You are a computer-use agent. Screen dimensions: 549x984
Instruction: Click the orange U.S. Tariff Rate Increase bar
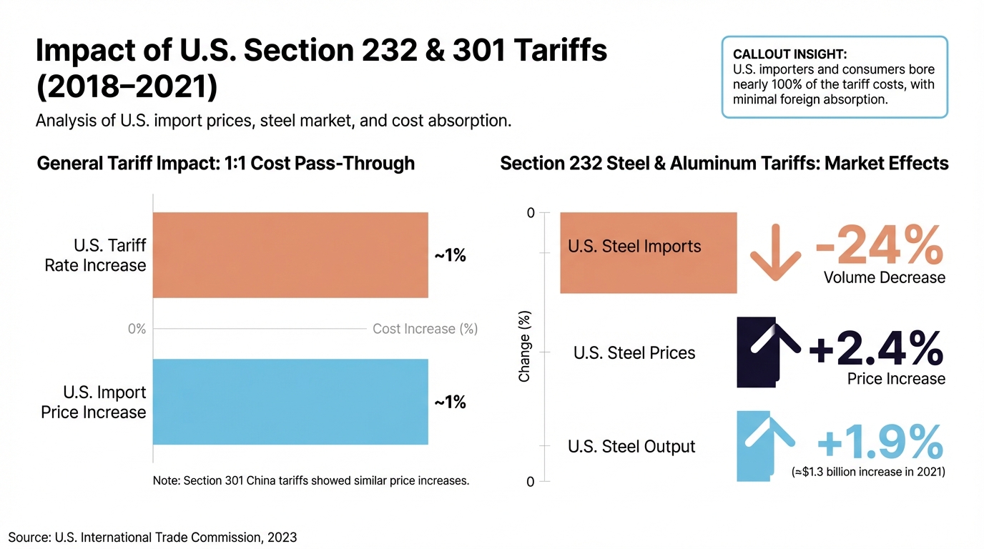pos(290,255)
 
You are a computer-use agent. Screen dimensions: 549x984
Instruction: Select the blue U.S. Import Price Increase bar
pos(290,402)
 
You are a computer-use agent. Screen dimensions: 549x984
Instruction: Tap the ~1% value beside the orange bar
pos(451,255)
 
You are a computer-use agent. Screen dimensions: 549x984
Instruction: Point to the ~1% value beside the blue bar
pos(451,402)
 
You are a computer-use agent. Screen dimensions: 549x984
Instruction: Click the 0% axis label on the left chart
pos(137,329)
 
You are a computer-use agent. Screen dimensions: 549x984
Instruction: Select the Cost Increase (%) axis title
pos(425,329)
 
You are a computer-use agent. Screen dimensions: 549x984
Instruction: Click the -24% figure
pos(879,245)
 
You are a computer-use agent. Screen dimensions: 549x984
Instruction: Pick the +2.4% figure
pos(875,350)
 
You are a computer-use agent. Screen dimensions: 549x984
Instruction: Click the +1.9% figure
pos(880,443)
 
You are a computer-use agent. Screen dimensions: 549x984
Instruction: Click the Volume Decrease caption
pos(884,277)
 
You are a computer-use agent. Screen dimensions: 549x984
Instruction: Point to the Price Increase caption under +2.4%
pos(896,379)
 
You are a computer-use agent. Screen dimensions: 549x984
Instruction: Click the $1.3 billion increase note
pos(868,472)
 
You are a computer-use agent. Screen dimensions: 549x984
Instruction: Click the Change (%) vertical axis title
pos(524,347)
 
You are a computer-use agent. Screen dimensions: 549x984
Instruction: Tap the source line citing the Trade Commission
pos(152,537)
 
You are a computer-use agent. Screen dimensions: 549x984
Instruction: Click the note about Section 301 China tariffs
pos(311,480)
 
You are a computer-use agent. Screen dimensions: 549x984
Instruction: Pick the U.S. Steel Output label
pos(631,447)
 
